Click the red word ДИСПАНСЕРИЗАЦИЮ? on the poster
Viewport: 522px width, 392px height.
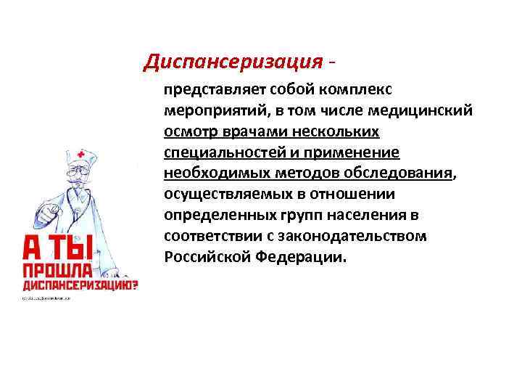(x=80, y=287)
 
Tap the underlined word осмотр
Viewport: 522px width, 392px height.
(x=187, y=133)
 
